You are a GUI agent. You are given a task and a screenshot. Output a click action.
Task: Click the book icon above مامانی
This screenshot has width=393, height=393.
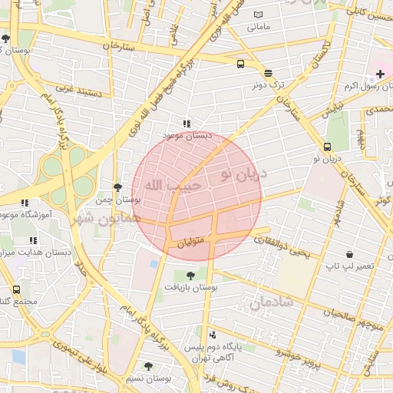click(x=258, y=15)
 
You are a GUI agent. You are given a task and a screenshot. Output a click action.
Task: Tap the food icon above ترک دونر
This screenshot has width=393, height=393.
click(x=268, y=74)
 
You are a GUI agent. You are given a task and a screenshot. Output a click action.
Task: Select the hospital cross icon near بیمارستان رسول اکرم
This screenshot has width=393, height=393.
click(x=380, y=74)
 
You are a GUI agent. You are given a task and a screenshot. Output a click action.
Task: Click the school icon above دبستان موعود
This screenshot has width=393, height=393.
click(x=185, y=123)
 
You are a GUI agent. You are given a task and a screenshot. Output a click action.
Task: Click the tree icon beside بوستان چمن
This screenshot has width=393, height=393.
click(x=117, y=187)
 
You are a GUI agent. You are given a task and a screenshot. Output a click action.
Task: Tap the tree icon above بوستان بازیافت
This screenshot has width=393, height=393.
click(x=190, y=275)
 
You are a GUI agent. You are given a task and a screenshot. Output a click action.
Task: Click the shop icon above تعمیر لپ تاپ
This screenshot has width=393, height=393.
click(x=350, y=254)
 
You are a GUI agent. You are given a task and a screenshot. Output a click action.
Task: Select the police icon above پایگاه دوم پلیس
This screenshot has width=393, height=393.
click(x=213, y=335)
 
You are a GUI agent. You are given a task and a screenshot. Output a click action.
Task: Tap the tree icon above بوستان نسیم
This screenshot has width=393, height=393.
click(x=148, y=367)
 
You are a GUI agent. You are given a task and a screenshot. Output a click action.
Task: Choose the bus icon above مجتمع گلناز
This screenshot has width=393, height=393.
click(x=17, y=289)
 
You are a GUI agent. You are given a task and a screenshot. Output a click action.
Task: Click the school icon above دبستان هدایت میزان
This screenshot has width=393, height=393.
click(x=32, y=240)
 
